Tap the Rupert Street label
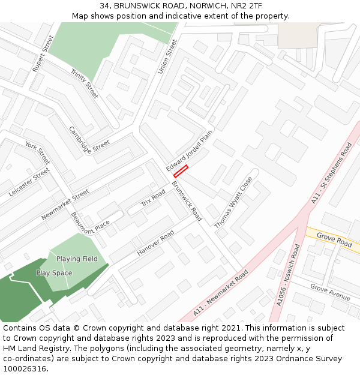pyautogui.click(x=43, y=54)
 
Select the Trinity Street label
pyautogui.click(x=84, y=83)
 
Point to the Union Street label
pyautogui.click(x=168, y=57)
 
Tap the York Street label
pyautogui.click(x=37, y=154)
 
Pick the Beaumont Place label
pyautogui.click(x=91, y=223)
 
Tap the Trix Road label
pyautogui.click(x=153, y=198)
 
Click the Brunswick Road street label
pyautogui.click(x=187, y=200)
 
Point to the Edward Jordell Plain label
pyautogui.click(x=190, y=151)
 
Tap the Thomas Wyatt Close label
pyautogui.click(x=233, y=202)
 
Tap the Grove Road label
pyautogui.click(x=334, y=241)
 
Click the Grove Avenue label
pyautogui.click(x=330, y=293)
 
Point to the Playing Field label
pyautogui.click(x=77, y=259)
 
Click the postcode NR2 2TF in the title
pyautogui.click(x=245, y=5)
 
